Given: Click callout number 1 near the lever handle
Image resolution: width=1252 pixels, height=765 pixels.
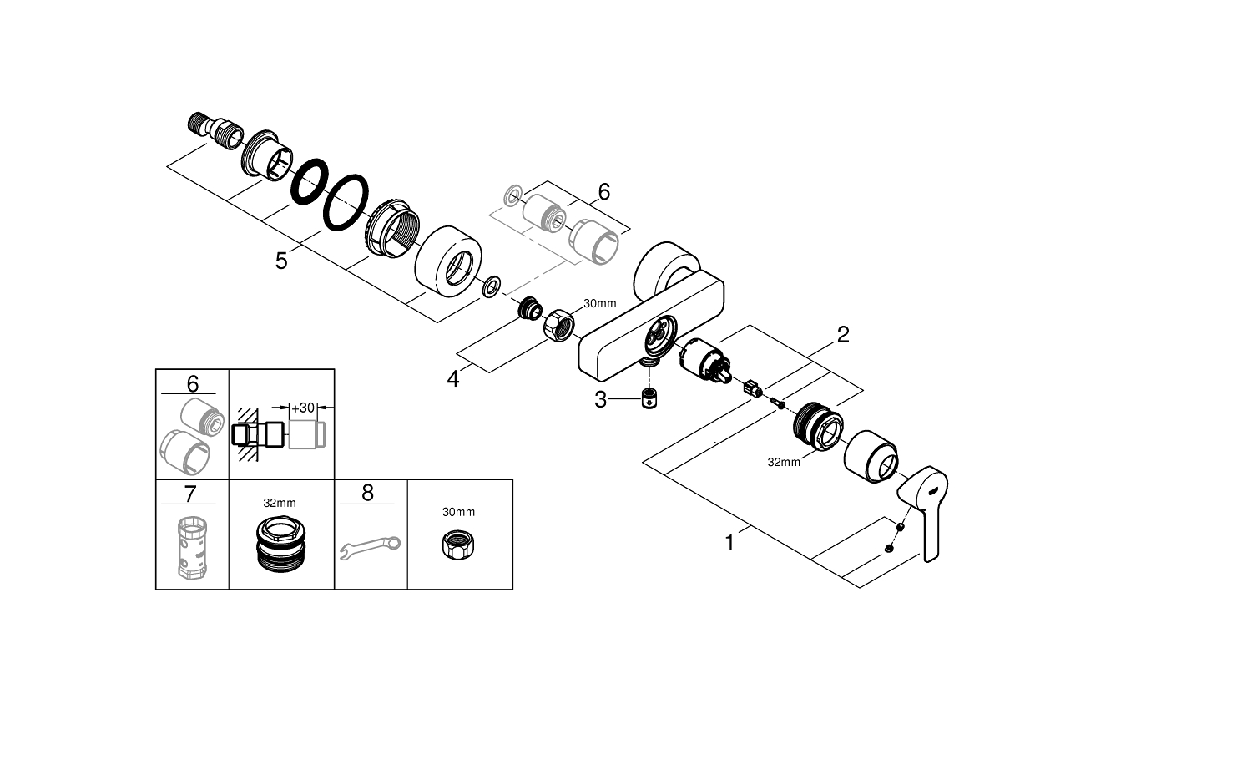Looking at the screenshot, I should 729,543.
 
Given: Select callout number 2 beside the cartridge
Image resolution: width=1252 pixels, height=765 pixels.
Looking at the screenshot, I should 843,335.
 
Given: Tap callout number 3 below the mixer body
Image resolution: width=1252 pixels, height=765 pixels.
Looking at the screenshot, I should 600,400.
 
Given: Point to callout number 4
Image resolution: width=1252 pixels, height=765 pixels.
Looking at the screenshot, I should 453,379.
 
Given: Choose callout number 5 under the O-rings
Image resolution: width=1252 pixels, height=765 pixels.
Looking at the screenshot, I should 281,261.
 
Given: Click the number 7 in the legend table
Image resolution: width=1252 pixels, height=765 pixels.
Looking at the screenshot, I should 189,494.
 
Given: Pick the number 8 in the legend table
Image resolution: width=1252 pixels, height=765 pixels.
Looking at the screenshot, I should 368,493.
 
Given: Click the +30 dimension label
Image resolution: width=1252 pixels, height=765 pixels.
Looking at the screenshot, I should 301,408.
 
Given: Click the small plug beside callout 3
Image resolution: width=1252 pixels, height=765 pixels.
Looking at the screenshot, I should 649,399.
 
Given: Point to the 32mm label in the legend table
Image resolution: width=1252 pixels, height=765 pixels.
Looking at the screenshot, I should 280,503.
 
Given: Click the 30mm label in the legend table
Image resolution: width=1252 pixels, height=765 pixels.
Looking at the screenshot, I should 458,511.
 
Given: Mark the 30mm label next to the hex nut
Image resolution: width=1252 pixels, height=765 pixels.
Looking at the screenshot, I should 599,304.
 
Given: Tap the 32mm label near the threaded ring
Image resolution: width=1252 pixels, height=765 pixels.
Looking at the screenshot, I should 784,461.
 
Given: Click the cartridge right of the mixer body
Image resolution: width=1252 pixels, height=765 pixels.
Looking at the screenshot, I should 704,365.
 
